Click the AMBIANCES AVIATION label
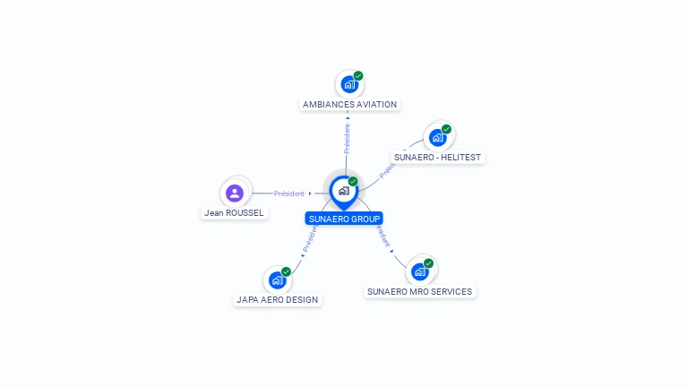click(x=349, y=104)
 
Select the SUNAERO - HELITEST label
click(x=437, y=157)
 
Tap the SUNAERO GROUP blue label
click(x=344, y=219)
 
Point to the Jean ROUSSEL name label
click(x=234, y=212)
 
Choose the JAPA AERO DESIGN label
click(x=277, y=299)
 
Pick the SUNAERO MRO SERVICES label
click(x=419, y=291)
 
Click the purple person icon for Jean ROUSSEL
click(x=235, y=193)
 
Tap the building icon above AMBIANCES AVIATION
click(x=348, y=85)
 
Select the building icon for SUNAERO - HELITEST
click(x=437, y=137)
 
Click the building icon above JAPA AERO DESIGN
click(x=277, y=280)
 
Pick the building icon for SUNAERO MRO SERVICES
click(x=419, y=271)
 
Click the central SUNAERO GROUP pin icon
click(x=343, y=191)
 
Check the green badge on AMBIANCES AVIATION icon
click(x=358, y=76)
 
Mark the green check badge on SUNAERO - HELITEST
click(x=446, y=129)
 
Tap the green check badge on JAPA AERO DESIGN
click(x=286, y=271)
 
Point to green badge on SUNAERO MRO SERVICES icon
click(x=428, y=263)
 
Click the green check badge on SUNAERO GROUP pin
click(x=353, y=182)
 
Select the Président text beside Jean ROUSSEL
click(x=289, y=193)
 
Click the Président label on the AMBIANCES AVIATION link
click(x=347, y=138)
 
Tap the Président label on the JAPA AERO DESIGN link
click(x=310, y=236)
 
